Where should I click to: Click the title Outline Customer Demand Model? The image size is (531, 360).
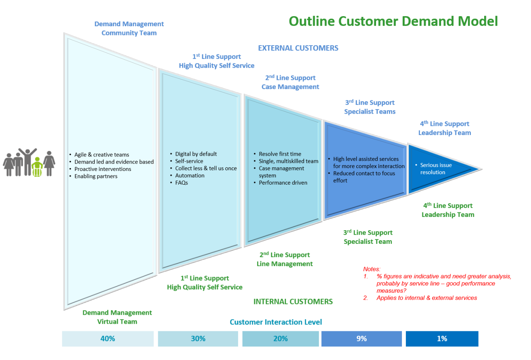pos(393,21)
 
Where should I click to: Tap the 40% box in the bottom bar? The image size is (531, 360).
pos(108,339)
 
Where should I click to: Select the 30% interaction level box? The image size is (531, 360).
pos(198,339)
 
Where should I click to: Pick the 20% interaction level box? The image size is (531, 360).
pos(280,339)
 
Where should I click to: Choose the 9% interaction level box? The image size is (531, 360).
pos(362,339)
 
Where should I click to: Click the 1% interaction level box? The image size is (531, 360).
pos(442,339)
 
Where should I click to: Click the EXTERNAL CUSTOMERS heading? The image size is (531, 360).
pos(298,48)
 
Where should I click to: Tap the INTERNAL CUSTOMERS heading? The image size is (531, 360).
pos(293,302)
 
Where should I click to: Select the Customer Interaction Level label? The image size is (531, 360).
pos(276,322)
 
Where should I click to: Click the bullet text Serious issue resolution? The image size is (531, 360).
pos(435,169)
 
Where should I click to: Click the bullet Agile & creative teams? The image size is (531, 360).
pos(102,155)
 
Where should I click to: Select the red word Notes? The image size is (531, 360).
pos(372,269)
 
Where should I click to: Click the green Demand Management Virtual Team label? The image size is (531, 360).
pos(117,317)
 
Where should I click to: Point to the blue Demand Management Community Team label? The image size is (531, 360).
pos(129,29)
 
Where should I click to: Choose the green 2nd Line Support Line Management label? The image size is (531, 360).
pos(285,259)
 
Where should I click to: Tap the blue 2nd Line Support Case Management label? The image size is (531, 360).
pos(290,82)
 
